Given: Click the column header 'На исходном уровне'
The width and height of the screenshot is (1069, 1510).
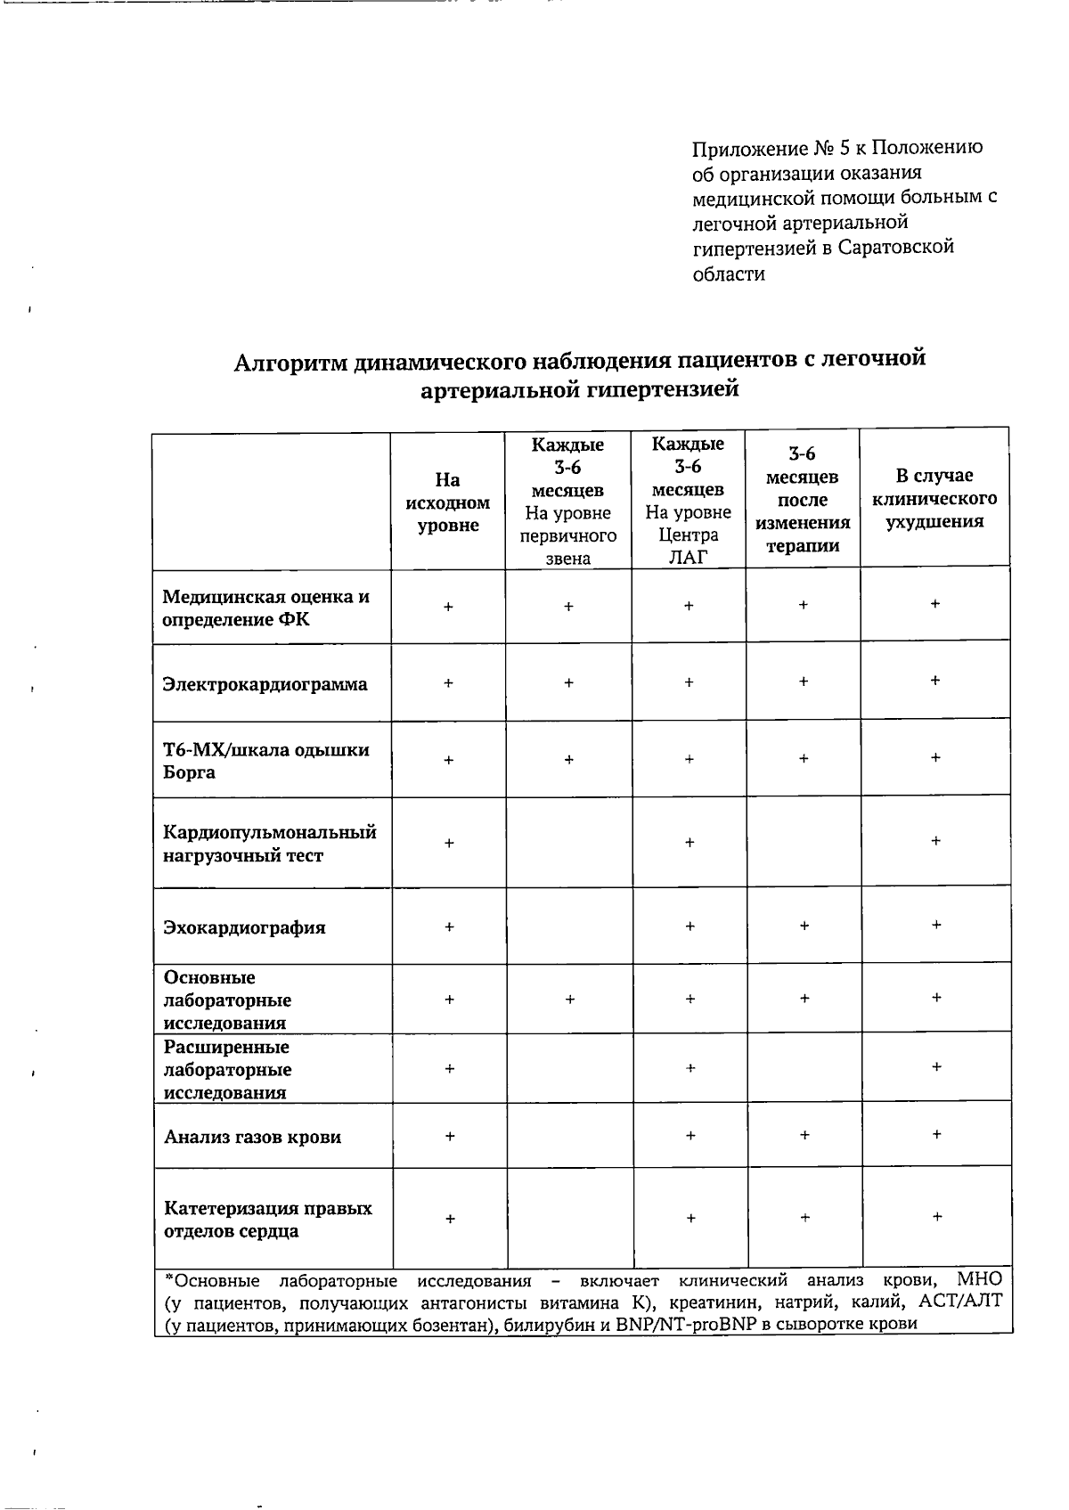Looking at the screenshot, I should pyautogui.click(x=448, y=502).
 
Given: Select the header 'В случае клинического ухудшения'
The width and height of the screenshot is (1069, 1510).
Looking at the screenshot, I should pyautogui.click(x=934, y=498).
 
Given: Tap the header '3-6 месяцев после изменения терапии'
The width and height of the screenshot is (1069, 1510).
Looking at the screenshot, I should pyautogui.click(x=803, y=500).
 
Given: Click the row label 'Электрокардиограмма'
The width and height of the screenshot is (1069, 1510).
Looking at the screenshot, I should pyautogui.click(x=265, y=684).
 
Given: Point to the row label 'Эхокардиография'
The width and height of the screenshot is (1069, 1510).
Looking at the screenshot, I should pyautogui.click(x=244, y=927).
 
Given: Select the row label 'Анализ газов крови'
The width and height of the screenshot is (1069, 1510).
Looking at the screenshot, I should pyautogui.click(x=252, y=1137).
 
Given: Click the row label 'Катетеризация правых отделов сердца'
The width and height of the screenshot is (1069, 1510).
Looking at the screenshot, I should pyautogui.click(x=267, y=1220).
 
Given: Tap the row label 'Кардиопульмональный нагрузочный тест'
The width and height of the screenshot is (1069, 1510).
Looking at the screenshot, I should pyautogui.click(x=269, y=844).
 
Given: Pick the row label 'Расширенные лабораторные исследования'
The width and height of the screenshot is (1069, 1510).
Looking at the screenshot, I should pyautogui.click(x=227, y=1069).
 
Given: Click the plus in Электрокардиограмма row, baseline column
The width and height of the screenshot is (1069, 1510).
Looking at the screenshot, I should pyautogui.click(x=448, y=683).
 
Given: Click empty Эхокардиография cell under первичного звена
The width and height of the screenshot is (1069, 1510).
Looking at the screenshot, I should pyautogui.click(x=568, y=926).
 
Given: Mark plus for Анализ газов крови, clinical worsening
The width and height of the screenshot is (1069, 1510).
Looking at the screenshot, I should pyautogui.click(x=936, y=1135).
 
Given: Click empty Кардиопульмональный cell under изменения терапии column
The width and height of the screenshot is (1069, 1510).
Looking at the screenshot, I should pyautogui.click(x=804, y=842).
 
